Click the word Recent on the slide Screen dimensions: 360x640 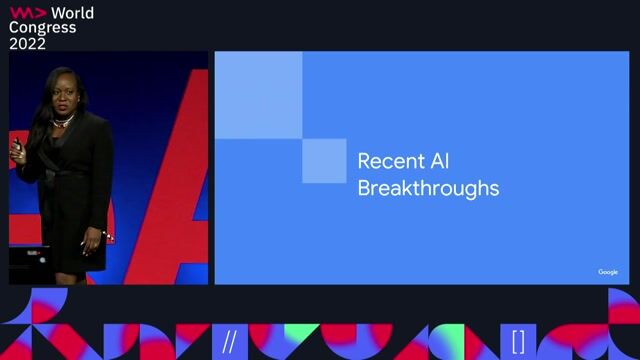(385, 161)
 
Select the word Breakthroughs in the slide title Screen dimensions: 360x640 (428, 187)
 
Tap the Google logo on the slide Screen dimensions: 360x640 (608, 272)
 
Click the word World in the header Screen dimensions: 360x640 (73, 12)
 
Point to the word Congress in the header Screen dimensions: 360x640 (42, 27)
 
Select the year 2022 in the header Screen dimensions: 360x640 (29, 43)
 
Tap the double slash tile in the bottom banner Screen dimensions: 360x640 (230, 341)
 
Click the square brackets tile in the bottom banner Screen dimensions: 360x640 (518, 341)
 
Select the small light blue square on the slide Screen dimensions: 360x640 (323, 161)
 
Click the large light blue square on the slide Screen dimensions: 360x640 (258, 94)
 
